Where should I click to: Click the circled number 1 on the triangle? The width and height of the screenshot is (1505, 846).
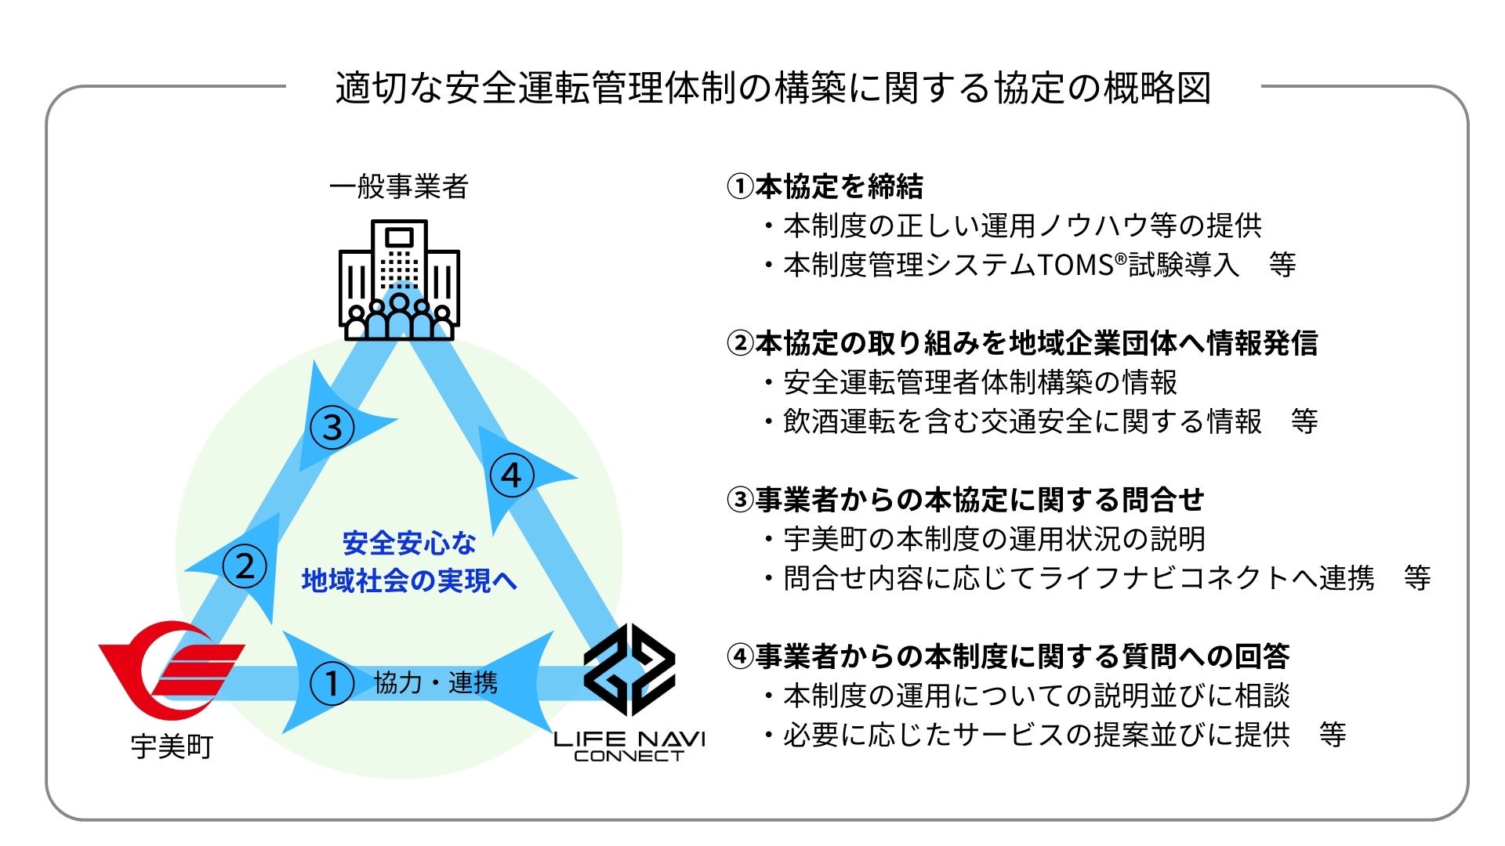[332, 683]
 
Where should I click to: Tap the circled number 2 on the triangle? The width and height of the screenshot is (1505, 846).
[245, 566]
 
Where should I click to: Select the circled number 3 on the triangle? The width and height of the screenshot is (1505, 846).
[332, 428]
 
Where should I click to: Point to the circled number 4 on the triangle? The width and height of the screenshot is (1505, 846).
[511, 475]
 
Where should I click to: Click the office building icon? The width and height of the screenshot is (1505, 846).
[399, 280]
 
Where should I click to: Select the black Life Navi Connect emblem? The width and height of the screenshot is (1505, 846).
[629, 670]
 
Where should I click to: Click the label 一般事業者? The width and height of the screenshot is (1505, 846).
[399, 186]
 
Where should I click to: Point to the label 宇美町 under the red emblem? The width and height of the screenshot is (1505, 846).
[172, 747]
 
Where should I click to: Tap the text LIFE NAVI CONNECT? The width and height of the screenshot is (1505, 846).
[629, 747]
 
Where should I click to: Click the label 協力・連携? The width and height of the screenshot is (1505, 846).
[436, 683]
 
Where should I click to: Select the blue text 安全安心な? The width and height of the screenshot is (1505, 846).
[409, 543]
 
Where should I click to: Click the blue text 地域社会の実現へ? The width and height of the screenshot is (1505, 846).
[409, 580]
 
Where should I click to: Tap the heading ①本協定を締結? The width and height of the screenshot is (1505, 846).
[825, 186]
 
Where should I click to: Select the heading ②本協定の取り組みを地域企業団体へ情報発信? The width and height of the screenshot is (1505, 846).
[1022, 343]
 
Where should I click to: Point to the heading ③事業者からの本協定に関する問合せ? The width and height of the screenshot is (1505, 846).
[966, 500]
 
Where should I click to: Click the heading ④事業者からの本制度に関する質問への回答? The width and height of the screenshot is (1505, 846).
[1008, 656]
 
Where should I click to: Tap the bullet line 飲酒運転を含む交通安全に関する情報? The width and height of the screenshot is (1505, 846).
[1022, 421]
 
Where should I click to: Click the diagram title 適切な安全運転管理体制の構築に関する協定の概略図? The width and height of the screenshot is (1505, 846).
[773, 88]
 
